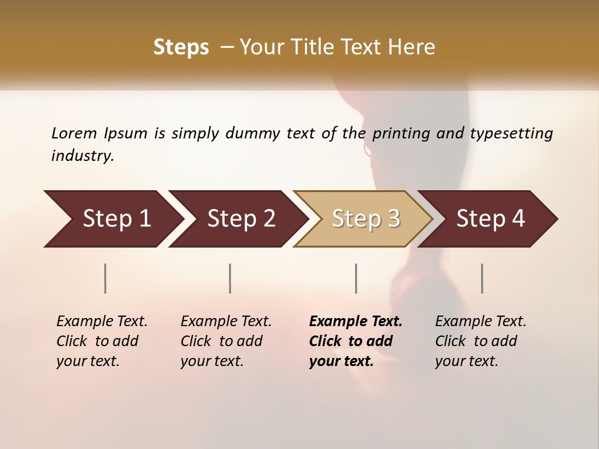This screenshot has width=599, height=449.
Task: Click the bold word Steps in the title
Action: pyautogui.click(x=181, y=47)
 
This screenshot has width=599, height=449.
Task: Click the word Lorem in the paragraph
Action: pyautogui.click(x=74, y=133)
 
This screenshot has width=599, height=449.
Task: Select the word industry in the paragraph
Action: pyautogui.click(x=82, y=156)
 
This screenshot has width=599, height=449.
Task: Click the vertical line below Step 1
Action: pyautogui.click(x=105, y=278)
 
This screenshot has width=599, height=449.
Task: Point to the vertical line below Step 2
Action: pyautogui.click(x=230, y=278)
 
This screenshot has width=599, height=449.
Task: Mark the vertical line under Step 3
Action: pyautogui.click(x=356, y=278)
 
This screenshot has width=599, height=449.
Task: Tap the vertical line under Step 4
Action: pyautogui.click(x=482, y=278)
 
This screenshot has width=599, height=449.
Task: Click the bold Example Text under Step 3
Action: pyautogui.click(x=356, y=322)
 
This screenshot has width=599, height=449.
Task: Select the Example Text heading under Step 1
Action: pyautogui.click(x=102, y=322)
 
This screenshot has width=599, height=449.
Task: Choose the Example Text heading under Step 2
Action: pyautogui.click(x=226, y=322)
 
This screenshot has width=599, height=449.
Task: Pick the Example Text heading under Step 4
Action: pyautogui.click(x=480, y=322)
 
